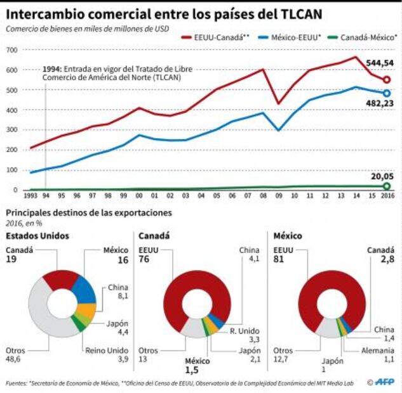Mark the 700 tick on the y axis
tap(11, 49)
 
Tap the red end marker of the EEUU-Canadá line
tap(386, 80)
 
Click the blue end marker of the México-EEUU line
tap(386, 93)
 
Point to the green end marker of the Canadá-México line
tap(386, 186)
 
